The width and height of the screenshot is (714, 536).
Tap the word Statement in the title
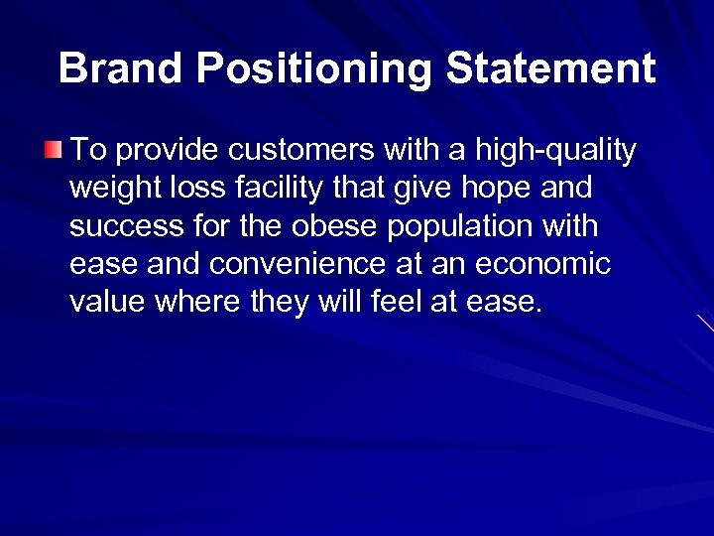[550, 68]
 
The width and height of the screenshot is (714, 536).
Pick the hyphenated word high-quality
[556, 151]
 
